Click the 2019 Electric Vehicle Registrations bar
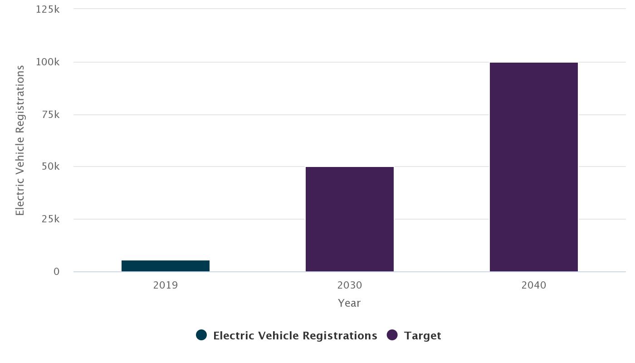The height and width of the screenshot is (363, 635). tap(166, 266)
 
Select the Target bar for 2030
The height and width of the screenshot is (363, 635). tap(350, 219)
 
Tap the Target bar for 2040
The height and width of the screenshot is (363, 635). tap(534, 167)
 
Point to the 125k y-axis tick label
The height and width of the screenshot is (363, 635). tap(48, 9)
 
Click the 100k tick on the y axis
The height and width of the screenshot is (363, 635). tap(48, 62)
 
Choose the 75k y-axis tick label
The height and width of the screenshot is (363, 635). tap(49, 114)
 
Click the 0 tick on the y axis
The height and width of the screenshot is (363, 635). tap(56, 271)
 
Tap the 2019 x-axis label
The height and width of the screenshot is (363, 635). tap(166, 285)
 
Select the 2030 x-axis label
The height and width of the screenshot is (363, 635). tap(350, 285)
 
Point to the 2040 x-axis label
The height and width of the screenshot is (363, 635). tap(534, 285)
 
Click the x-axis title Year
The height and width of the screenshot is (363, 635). tap(349, 303)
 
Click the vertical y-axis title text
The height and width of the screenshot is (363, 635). tap(20, 140)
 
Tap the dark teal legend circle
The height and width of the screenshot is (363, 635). tap(201, 335)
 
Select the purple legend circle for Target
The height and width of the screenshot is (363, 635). tap(392, 335)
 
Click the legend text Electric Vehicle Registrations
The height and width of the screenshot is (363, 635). tap(295, 336)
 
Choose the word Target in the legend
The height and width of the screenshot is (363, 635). tap(422, 336)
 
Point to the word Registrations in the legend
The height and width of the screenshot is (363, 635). tap(340, 336)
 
